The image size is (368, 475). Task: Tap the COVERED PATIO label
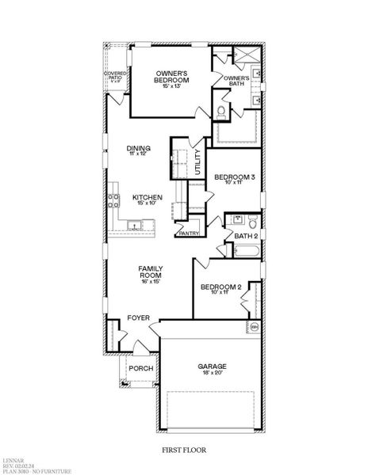tap(115, 76)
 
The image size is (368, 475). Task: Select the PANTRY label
tap(189, 234)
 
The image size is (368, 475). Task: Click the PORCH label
tap(141, 368)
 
